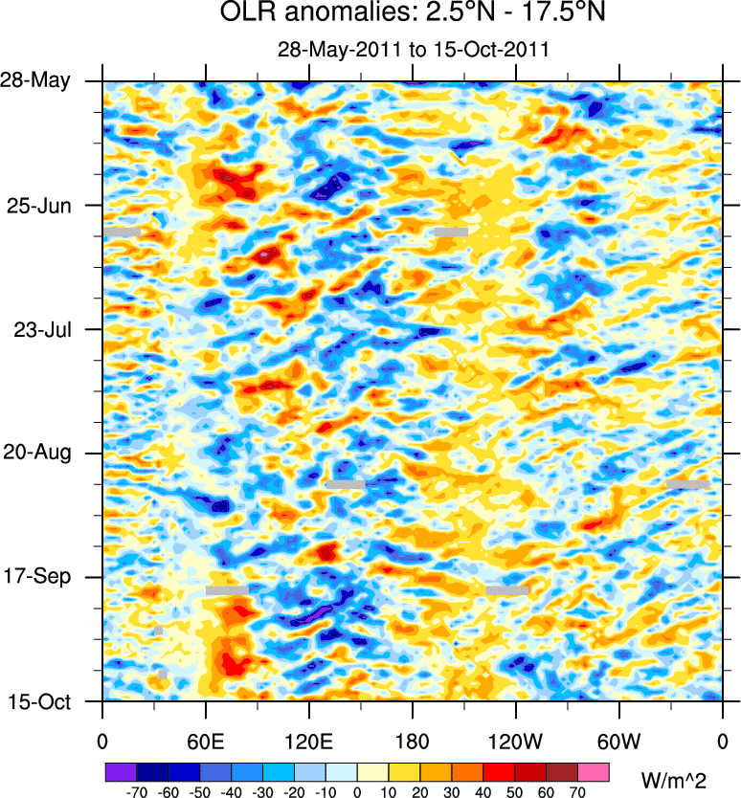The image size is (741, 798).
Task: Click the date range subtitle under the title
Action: click(x=411, y=50)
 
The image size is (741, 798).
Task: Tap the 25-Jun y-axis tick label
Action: click(x=45, y=205)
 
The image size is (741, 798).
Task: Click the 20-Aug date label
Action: click(x=45, y=453)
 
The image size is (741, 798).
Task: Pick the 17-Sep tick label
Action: click(x=45, y=577)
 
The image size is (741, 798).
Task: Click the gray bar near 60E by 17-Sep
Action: click(x=227, y=590)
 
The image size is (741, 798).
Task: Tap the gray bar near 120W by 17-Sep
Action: click(x=506, y=590)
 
